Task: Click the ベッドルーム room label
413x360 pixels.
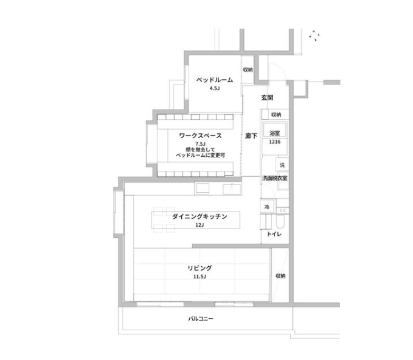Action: pyautogui.click(x=215, y=80)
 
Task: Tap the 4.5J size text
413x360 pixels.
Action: pyautogui.click(x=215, y=88)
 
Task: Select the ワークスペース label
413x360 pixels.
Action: pyautogui.click(x=201, y=136)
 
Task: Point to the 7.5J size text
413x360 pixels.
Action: pyautogui.click(x=201, y=144)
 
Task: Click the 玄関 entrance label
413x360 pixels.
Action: pyautogui.click(x=267, y=98)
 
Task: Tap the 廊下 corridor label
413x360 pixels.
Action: pyautogui.click(x=251, y=136)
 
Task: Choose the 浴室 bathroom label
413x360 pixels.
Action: pyautogui.click(x=275, y=133)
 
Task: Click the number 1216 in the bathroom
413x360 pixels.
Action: pyautogui.click(x=275, y=142)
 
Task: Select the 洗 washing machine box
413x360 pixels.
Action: pyautogui.click(x=282, y=165)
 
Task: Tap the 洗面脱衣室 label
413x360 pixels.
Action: pyautogui.click(x=275, y=178)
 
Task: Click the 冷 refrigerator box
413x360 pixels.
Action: pyautogui.click(x=267, y=207)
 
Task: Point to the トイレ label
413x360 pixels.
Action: pyautogui.click(x=274, y=234)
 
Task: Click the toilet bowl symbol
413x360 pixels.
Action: pyautogui.click(x=280, y=223)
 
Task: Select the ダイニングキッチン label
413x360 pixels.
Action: pyautogui.click(x=200, y=216)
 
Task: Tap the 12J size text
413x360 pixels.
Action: pyautogui.click(x=200, y=225)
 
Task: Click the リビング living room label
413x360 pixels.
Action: pyautogui.click(x=200, y=268)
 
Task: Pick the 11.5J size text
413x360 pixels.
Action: pyautogui.click(x=200, y=277)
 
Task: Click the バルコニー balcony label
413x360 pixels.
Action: pyautogui.click(x=201, y=319)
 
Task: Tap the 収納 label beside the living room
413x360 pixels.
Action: pyautogui.click(x=280, y=275)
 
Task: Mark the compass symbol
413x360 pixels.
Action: pyautogui.click(x=314, y=35)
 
